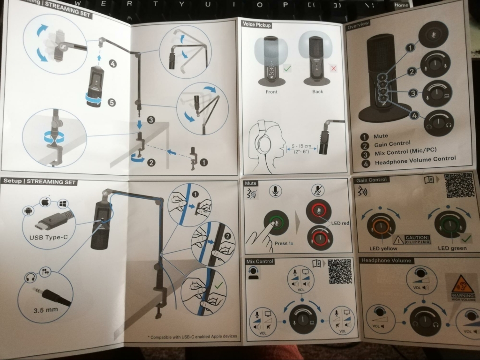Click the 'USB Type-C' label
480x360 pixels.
(48, 237)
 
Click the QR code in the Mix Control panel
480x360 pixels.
(339, 271)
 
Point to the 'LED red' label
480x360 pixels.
(340, 223)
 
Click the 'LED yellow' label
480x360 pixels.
(383, 247)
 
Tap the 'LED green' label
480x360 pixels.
(452, 247)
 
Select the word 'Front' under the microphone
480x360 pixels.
(271, 92)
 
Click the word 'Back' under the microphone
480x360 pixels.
(317, 92)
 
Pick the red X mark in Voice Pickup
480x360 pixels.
(334, 68)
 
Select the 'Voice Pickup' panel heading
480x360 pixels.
(256, 24)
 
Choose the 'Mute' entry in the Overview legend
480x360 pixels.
(380, 136)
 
